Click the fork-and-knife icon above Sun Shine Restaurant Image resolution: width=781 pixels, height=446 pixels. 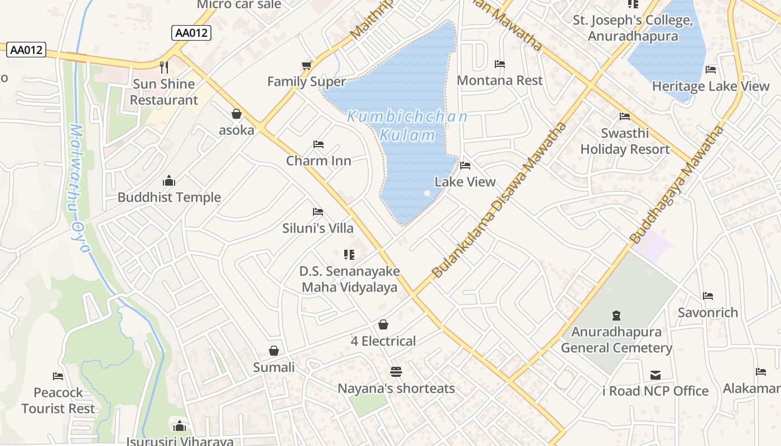164,67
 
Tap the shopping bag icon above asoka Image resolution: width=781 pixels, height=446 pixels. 237,114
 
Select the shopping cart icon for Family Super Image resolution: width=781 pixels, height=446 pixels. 306,66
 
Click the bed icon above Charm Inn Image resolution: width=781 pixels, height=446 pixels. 319,145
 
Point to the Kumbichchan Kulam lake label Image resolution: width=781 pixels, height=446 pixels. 407,126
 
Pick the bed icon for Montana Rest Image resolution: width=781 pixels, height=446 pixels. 500,64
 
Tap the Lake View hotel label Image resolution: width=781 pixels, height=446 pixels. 465,182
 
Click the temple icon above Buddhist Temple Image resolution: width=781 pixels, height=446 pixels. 169,181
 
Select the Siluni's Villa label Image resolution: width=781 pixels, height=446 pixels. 318,228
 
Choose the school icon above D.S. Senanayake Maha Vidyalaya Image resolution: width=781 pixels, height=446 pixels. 349,255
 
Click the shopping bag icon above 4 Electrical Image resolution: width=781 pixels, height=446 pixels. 383,324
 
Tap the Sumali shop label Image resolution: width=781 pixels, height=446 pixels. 274,367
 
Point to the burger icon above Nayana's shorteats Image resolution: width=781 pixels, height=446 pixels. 396,372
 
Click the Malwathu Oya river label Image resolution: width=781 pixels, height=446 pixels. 79,188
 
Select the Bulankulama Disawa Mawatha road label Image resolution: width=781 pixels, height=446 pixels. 499,200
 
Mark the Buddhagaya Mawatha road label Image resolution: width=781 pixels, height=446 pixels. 677,185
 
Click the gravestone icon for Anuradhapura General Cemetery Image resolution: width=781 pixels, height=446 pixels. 616,316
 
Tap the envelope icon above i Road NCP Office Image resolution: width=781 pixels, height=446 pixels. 655,375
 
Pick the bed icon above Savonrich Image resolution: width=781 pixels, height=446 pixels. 708,296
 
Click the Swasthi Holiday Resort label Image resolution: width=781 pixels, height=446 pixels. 625,142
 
